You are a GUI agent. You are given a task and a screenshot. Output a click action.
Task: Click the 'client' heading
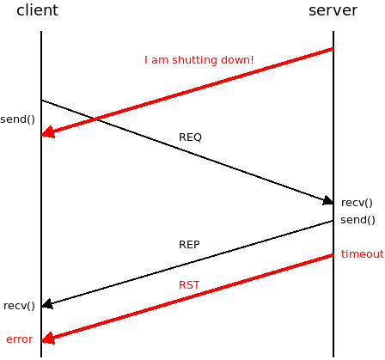pos(38,10)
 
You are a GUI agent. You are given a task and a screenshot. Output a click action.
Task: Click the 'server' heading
pos(333,10)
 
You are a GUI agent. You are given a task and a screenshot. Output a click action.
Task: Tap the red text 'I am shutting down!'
pos(199,60)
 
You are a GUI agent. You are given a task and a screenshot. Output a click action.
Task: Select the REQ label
pos(190,137)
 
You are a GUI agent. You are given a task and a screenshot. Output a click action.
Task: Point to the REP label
pos(189,245)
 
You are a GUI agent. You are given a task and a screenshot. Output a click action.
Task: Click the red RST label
pos(189,285)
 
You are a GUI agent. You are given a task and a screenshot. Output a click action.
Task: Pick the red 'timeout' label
pos(363,254)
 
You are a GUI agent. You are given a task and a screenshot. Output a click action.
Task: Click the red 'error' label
pos(20,339)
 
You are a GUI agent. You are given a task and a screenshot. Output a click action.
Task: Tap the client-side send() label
pos(17,119)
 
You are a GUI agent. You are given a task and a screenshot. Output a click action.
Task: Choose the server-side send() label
pos(357,220)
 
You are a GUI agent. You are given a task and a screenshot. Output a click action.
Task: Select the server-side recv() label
pos(357,203)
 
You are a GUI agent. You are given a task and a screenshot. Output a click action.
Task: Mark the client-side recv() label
pos(19,306)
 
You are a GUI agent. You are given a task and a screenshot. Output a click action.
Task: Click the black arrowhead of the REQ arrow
pos(328,201)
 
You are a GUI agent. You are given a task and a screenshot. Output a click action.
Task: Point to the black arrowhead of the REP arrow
pos(47,304)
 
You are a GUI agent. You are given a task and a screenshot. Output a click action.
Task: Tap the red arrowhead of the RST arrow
pos(48,338)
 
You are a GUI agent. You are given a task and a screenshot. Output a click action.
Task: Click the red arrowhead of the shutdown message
pos(48,131)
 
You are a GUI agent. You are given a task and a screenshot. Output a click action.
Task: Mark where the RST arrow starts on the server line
pos(333,255)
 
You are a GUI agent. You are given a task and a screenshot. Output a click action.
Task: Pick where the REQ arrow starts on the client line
pos(41,101)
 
